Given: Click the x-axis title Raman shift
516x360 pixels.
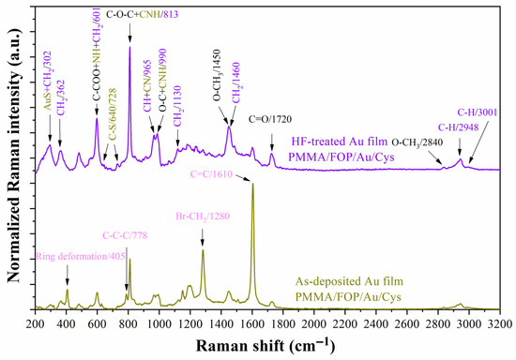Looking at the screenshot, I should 272,347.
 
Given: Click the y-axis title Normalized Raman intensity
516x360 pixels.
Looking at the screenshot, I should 11,159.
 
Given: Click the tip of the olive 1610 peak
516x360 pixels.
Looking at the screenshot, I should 252,185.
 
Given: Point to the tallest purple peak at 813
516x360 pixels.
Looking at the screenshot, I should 129,47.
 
